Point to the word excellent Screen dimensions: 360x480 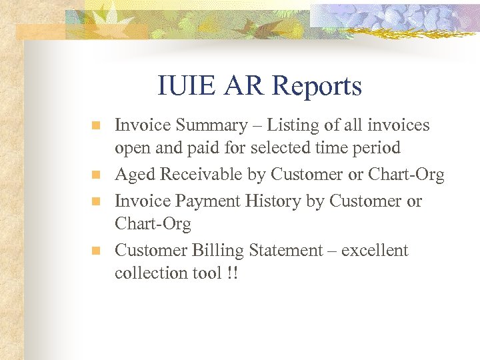374,251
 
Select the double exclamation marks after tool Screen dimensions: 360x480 232,273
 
